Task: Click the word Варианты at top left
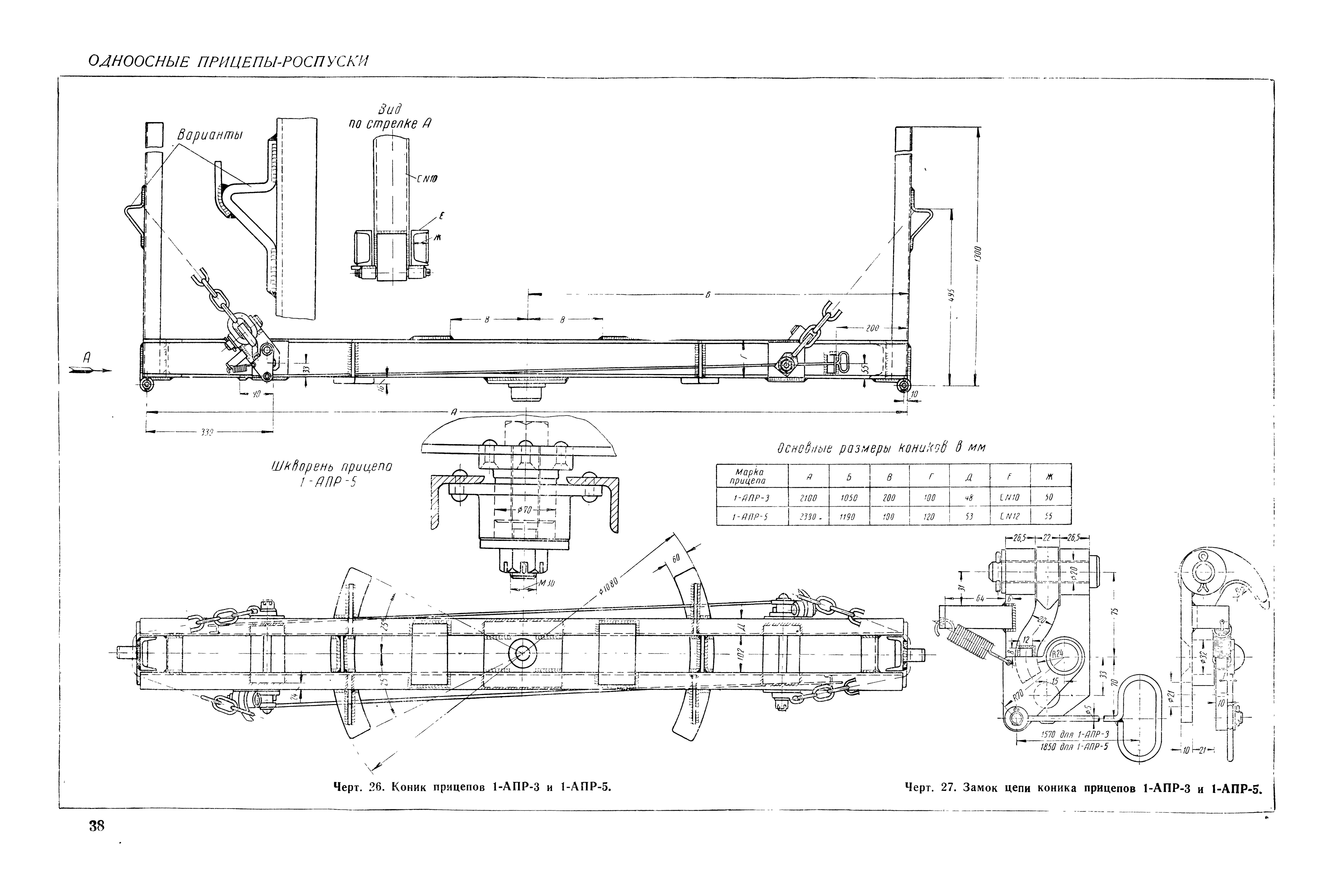pyautogui.click(x=209, y=135)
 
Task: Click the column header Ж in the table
pyautogui.click(x=1050, y=477)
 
